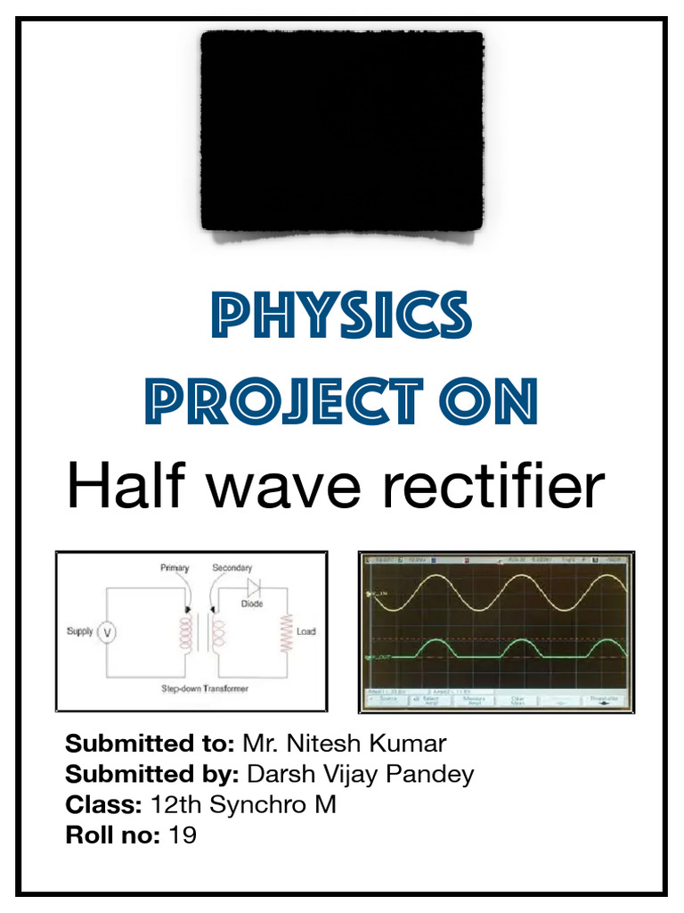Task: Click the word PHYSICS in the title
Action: point(342,317)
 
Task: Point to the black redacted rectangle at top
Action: point(342,130)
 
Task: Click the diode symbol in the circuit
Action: point(253,588)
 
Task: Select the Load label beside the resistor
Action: point(306,632)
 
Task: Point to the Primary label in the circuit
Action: point(175,568)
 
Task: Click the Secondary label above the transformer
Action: point(232,568)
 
